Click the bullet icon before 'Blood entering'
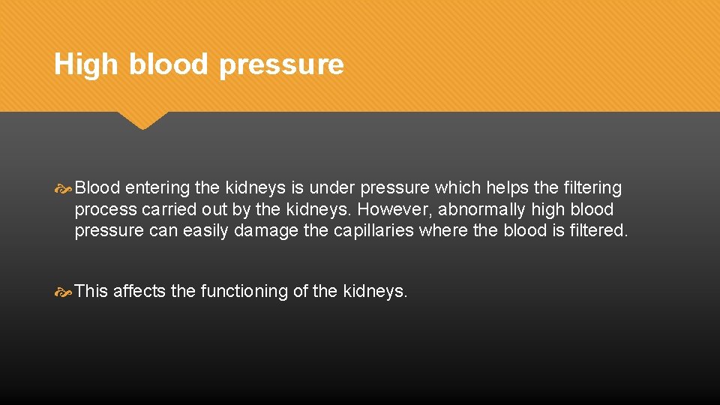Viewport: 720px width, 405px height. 64,188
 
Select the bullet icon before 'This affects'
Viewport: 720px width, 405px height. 64,291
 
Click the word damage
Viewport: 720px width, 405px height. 266,231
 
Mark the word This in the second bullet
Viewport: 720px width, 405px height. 91,291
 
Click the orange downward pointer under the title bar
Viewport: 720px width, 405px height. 142,120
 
